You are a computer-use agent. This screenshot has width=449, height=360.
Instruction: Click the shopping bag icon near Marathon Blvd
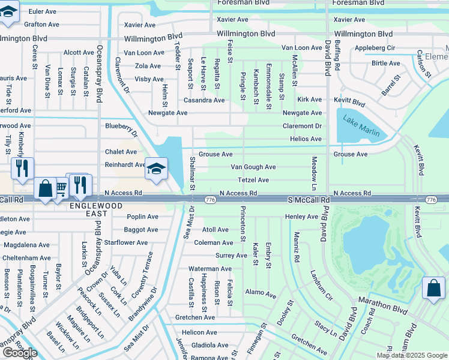coord(433,288)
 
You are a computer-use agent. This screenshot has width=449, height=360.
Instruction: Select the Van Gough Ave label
coord(253,167)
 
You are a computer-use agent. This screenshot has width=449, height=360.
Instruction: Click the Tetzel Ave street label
coord(253,180)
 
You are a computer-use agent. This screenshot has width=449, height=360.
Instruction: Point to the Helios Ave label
coord(306,139)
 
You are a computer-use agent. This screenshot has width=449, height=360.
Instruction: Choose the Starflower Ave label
coord(126,243)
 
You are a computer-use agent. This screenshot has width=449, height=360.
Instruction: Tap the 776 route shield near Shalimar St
coord(210,199)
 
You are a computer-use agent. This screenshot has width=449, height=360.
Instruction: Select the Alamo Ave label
coord(261,295)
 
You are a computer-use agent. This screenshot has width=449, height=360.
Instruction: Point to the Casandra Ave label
coord(204,100)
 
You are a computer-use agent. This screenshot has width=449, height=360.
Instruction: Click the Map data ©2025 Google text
coord(411,355)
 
